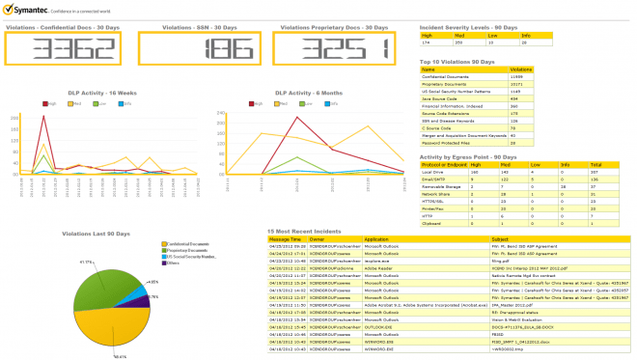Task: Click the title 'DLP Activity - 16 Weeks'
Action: tap(78, 93)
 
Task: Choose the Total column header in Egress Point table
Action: tap(595, 164)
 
